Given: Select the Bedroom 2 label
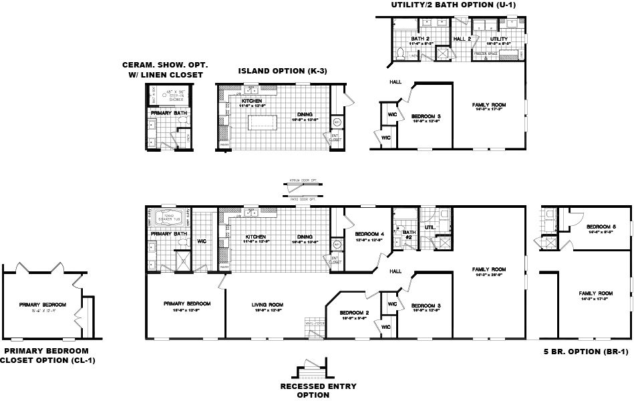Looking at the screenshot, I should tap(354, 313).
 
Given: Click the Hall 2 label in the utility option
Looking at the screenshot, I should tap(462, 39).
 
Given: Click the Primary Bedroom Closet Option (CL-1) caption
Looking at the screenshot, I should tap(48, 355).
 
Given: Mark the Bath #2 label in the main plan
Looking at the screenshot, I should tap(408, 233).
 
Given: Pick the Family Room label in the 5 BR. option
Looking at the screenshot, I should tap(596, 293).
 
